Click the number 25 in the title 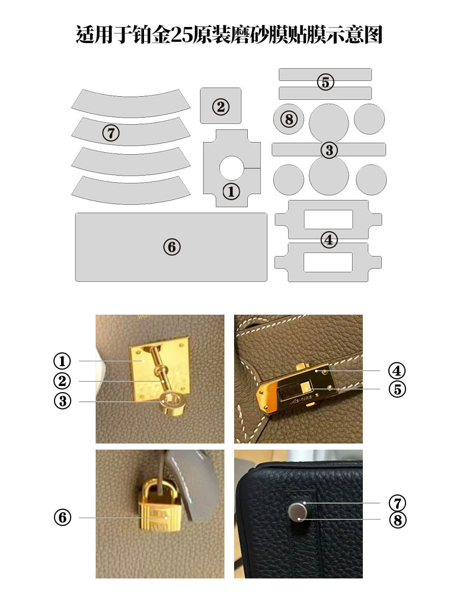(181, 35)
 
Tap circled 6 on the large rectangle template (172, 247)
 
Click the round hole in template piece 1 (232, 168)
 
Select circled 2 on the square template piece (220, 106)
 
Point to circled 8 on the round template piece (289, 119)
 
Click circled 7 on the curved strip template (111, 133)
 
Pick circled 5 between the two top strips (325, 82)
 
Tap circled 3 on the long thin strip (329, 150)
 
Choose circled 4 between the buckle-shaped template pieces (329, 240)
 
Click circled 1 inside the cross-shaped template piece (232, 191)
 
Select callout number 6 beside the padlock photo (63, 517)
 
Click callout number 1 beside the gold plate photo (62, 361)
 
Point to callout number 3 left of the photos (63, 401)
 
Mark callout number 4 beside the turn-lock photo (396, 371)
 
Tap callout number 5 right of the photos (397, 389)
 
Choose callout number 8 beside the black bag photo (397, 520)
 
